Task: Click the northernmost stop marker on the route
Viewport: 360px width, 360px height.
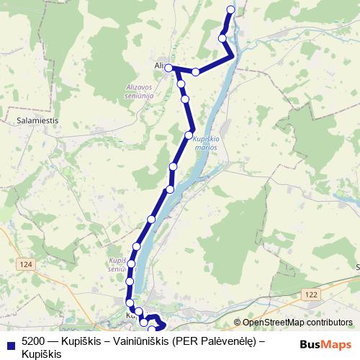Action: click(231, 9)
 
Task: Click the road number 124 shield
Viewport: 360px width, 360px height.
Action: click(27, 265)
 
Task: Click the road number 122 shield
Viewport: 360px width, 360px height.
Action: click(311, 294)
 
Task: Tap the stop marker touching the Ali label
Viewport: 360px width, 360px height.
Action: click(168, 68)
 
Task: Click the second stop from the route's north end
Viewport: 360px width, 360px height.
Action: click(222, 38)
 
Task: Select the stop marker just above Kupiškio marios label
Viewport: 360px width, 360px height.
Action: click(189, 135)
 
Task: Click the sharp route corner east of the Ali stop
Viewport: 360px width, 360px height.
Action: click(233, 55)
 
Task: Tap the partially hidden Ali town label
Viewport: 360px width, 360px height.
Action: click(160, 66)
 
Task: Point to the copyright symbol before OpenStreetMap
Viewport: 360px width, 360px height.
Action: click(238, 323)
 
